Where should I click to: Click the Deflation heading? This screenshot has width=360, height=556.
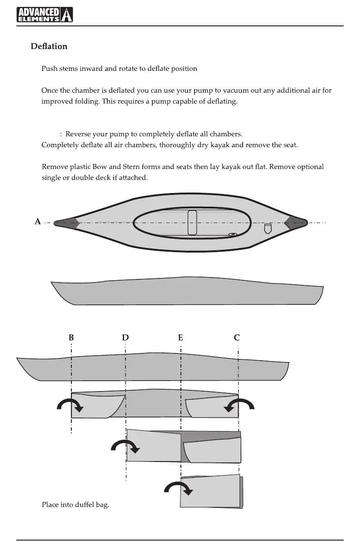pos(49,46)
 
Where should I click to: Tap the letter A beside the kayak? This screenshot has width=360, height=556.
pos(38,222)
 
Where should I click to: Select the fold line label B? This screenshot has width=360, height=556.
pos(71,338)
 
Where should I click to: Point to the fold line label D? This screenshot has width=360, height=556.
pos(125,338)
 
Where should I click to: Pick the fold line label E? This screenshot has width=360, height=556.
pos(180,338)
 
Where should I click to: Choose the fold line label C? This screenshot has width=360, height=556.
pos(237,338)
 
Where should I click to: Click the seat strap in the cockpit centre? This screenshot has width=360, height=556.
pos(192,223)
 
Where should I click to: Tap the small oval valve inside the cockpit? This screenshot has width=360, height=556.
pos(233,234)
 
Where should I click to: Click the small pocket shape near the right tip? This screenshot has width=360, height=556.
pos(268,228)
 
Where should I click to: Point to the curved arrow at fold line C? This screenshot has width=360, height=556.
pos(239,405)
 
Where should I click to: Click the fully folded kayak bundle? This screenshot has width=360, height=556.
pos(211,491)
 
